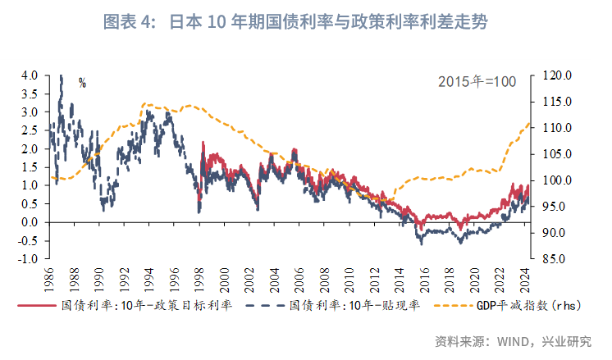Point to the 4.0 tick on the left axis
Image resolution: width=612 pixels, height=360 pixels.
click(30, 75)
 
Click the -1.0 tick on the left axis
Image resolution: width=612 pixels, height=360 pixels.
click(28, 259)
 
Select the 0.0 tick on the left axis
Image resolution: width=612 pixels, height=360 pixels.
click(30, 222)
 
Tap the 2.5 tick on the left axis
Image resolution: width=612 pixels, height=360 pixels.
click(30, 130)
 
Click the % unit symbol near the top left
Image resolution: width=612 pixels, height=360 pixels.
click(82, 82)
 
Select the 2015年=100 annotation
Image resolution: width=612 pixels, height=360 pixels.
click(476, 81)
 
